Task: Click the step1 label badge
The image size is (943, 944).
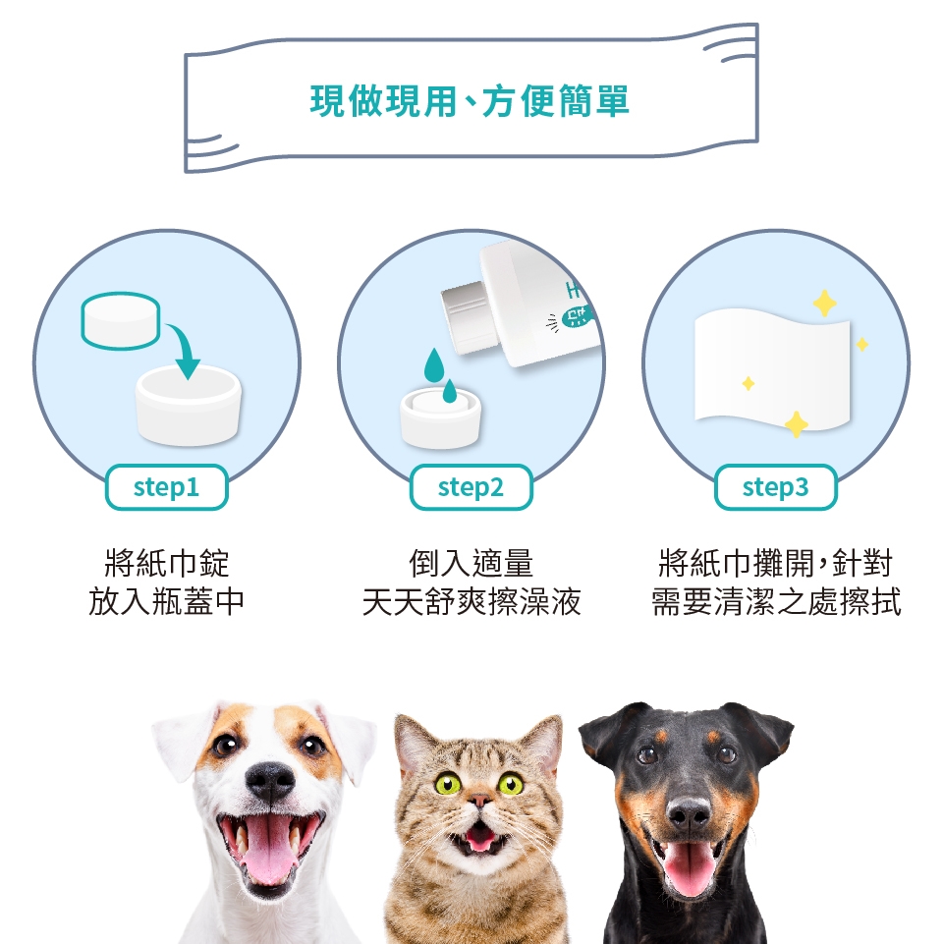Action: [x=166, y=487]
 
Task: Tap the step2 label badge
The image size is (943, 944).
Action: [x=471, y=487]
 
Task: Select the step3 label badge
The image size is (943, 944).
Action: [x=776, y=487]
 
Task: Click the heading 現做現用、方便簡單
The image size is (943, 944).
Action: [x=470, y=100]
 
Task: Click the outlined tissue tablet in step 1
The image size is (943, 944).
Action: [x=121, y=319]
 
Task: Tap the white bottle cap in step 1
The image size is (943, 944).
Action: [x=189, y=405]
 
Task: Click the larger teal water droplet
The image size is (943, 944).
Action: [x=433, y=366]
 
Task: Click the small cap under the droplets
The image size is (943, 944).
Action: [x=441, y=417]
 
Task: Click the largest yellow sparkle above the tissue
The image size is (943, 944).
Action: [x=824, y=303]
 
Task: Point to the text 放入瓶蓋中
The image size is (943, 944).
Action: [x=166, y=601]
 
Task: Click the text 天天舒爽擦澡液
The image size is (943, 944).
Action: [x=471, y=601]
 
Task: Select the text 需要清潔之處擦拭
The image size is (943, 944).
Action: [x=776, y=601]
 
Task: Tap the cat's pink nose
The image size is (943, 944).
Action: [x=479, y=801]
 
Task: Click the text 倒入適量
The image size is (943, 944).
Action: [x=471, y=563]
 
